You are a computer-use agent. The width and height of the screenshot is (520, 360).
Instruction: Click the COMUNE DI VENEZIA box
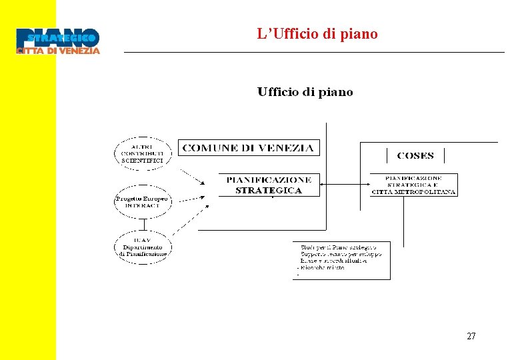[248, 147]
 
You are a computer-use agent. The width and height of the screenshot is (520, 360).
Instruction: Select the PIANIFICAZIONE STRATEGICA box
[269, 185]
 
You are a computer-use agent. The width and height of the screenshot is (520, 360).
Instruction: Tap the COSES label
[415, 155]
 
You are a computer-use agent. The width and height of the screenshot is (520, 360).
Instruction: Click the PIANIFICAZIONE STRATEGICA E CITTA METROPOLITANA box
[414, 185]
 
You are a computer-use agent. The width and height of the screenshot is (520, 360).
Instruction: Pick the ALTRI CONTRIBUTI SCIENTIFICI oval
[142, 153]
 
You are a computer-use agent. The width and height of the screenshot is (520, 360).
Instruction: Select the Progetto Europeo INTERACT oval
[142, 201]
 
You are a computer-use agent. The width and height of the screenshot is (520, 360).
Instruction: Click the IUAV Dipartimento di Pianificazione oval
[142, 247]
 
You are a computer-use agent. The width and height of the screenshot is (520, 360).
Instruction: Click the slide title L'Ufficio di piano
[317, 33]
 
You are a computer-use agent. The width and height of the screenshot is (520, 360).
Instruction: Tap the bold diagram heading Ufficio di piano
[305, 92]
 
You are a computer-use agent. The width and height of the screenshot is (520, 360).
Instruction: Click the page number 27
[471, 337]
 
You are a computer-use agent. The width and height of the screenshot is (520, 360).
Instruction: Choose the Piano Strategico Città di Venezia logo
[58, 41]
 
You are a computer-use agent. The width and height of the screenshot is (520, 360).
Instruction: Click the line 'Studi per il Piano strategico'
[339, 247]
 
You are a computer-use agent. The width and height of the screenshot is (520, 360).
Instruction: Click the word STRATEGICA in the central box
[269, 190]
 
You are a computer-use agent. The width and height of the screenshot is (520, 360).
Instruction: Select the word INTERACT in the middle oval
[142, 205]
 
